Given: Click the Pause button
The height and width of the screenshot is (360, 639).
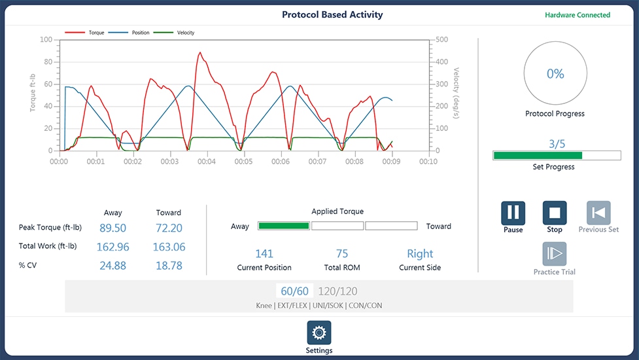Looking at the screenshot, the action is [513, 213].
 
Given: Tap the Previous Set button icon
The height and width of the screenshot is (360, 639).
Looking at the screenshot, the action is [598, 213].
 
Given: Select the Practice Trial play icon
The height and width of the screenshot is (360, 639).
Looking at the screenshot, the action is [554, 253].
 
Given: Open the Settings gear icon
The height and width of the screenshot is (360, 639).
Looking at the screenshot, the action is [319, 333].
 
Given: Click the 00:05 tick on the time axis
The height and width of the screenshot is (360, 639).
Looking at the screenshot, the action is [243, 162].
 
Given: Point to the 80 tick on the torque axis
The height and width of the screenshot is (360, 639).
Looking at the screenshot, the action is [48, 62].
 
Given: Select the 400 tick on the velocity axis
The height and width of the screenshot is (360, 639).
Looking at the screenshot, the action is [441, 62].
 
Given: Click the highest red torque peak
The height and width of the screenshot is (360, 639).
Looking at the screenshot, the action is [199, 52].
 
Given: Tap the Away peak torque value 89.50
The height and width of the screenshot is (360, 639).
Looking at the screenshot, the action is [113, 228].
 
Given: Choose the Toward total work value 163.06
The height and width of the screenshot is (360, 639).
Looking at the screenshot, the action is [169, 247].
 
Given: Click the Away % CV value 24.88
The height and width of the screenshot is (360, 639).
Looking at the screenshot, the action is [113, 265].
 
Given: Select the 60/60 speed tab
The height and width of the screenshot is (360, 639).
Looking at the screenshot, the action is [294, 291].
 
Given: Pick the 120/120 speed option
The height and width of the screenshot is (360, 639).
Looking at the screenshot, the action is [337, 291].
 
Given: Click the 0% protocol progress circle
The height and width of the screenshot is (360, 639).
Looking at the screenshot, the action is [555, 43].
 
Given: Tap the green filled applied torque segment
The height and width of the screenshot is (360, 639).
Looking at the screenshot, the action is [284, 226].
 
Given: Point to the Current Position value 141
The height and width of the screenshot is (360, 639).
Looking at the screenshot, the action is [264, 253].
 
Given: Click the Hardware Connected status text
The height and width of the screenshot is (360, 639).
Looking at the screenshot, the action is [578, 15].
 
